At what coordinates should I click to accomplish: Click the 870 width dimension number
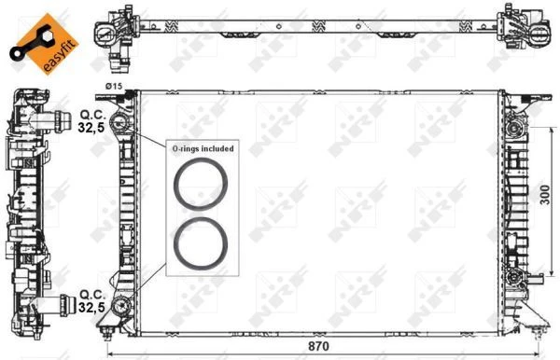tap(318, 346)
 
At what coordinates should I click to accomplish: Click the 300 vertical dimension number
tap(545, 195)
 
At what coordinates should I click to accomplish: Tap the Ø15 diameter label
tap(114, 86)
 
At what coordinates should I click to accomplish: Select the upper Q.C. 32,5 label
tap(92, 121)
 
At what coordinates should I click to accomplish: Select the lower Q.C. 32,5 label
tap(92, 300)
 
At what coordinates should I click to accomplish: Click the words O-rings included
tap(203, 148)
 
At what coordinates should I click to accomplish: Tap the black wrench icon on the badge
tap(32, 45)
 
